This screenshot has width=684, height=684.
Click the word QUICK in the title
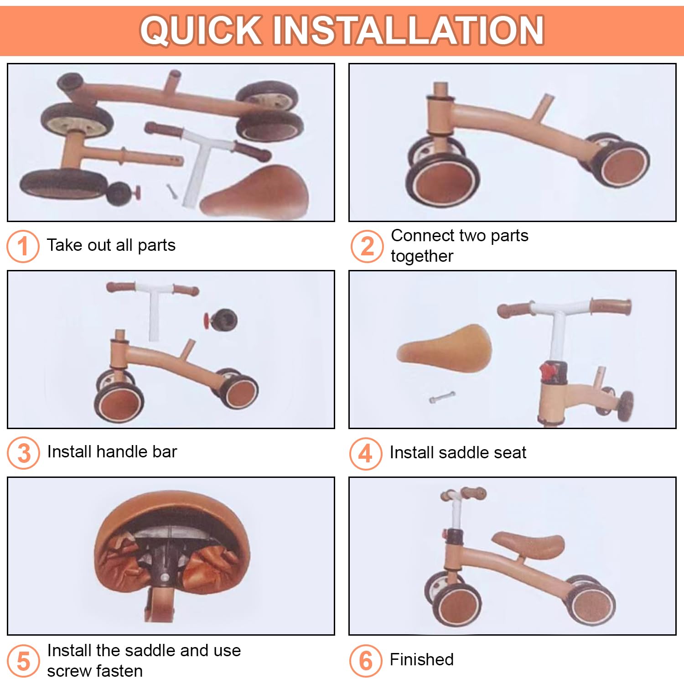(x=202, y=30)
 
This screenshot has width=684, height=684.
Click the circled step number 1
(x=23, y=246)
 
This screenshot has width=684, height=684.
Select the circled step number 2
(x=367, y=246)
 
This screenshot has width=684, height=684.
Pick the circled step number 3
(x=23, y=453)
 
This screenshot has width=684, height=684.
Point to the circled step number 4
(x=366, y=453)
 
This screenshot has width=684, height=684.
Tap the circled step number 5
(x=23, y=661)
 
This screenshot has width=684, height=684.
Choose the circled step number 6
(x=366, y=661)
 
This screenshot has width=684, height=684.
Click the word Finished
(x=422, y=659)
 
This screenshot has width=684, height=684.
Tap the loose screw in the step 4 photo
(x=441, y=397)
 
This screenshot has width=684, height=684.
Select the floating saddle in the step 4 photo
(x=444, y=347)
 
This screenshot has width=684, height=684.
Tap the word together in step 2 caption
(x=422, y=256)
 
